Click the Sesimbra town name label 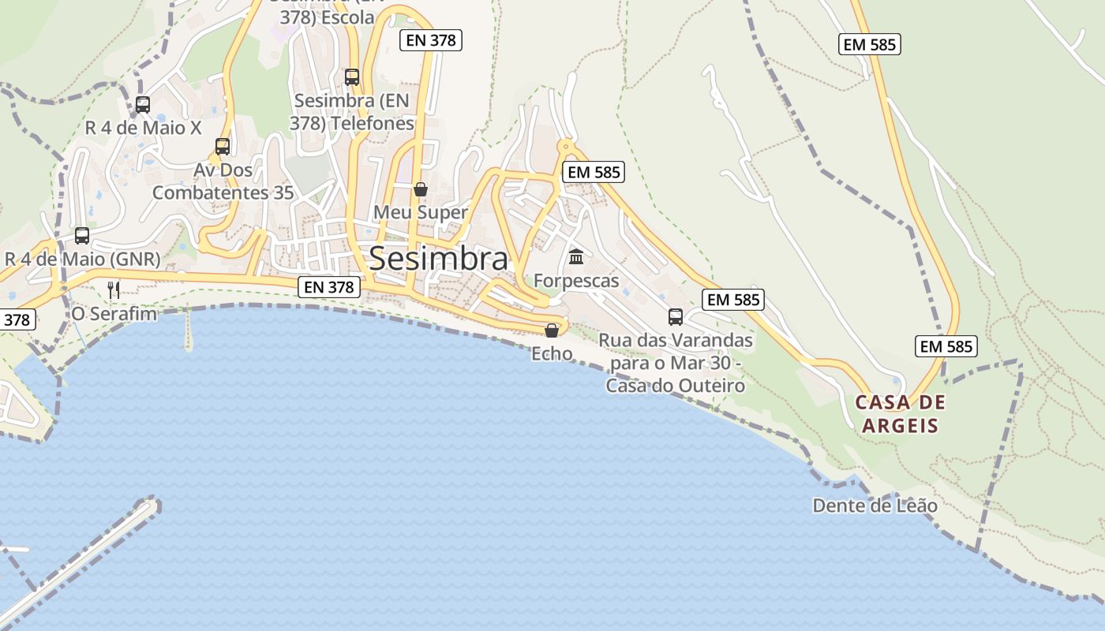tap(438, 258)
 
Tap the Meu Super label tap(421, 212)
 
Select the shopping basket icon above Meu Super tap(421, 189)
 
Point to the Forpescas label tap(576, 281)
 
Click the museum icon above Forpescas tap(576, 257)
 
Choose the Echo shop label tap(552, 353)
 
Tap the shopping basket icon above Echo tap(552, 330)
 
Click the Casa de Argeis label tap(901, 414)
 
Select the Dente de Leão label tap(875, 506)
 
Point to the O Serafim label tap(114, 313)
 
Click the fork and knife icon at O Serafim tap(114, 289)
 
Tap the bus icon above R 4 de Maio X tap(143, 104)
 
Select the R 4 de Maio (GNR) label tap(82, 259)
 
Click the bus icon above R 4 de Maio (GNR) tap(82, 235)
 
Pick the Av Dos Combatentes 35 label tap(223, 181)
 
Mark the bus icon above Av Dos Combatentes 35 tap(223, 146)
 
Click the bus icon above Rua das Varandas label tap(676, 317)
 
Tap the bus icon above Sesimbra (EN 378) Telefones tap(352, 77)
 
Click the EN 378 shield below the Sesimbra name tap(329, 287)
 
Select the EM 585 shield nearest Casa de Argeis tap(946, 346)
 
